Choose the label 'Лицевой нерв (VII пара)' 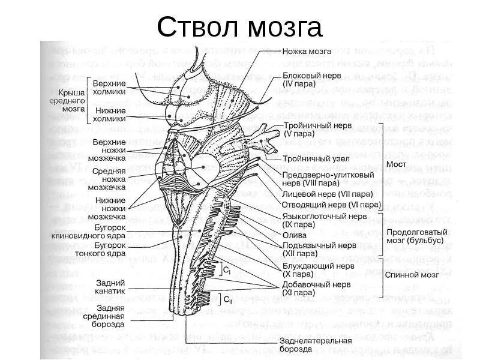tap(328, 194)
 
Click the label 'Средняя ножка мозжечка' tap(109, 179)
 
